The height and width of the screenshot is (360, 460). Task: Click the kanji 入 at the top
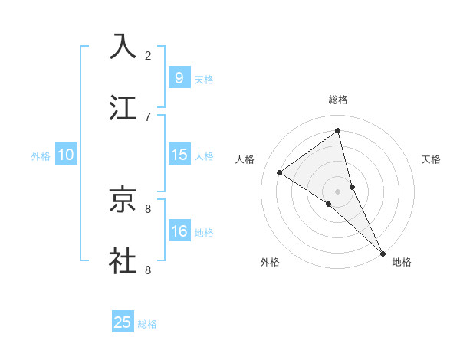point(123,45)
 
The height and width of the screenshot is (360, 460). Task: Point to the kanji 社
point(123,260)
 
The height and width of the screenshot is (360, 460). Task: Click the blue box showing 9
point(179,78)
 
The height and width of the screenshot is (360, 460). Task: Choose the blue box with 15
point(179,155)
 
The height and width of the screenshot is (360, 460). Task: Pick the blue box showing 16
point(179,231)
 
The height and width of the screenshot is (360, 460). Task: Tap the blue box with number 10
point(66,155)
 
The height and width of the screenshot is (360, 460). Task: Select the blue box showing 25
point(123,322)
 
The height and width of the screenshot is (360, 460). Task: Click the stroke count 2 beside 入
point(148,55)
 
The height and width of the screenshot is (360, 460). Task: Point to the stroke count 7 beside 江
point(148,116)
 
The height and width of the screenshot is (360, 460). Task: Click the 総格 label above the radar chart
point(338,100)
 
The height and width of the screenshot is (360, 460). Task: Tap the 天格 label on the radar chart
point(431,159)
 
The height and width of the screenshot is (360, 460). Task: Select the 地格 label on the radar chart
point(402,262)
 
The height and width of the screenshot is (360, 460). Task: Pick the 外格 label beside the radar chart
point(270,262)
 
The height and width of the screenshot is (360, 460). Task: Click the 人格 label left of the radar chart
point(245,159)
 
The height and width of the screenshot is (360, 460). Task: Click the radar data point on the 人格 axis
point(280,173)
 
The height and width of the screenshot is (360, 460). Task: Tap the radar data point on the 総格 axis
point(338,130)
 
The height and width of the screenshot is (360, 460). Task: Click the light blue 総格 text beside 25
point(147,324)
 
